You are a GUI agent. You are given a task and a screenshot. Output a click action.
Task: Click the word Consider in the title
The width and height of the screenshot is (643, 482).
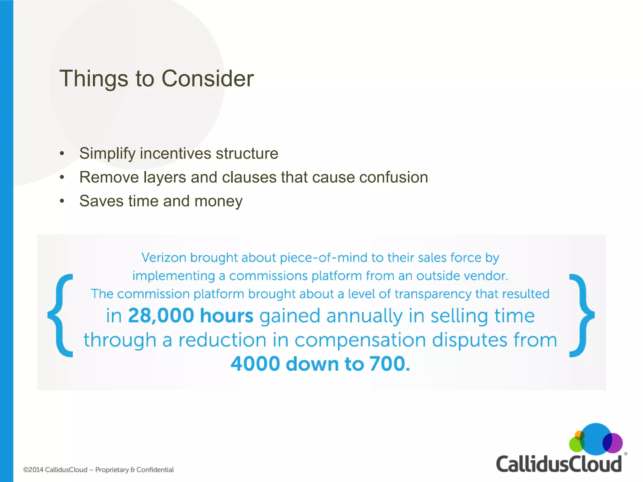(x=207, y=78)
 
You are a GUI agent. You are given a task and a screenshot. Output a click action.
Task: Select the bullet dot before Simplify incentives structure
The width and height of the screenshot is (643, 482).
(x=62, y=153)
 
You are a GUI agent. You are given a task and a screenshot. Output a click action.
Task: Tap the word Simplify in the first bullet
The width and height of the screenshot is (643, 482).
(x=107, y=154)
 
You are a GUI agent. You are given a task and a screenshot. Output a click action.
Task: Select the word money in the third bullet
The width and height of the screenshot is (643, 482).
(x=219, y=201)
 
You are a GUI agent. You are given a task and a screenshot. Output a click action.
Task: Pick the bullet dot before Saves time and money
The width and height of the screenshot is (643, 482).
(x=62, y=201)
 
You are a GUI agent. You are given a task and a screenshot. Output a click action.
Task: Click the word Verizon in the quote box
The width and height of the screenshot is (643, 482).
(x=164, y=258)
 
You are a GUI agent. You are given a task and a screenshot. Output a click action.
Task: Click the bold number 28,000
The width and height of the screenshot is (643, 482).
(x=161, y=315)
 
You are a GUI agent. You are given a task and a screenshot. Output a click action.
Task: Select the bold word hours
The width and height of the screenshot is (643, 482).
(x=226, y=315)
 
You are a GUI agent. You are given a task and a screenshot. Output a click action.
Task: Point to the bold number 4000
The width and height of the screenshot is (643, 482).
(x=255, y=364)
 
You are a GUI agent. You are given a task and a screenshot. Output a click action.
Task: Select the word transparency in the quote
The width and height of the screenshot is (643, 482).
(x=433, y=294)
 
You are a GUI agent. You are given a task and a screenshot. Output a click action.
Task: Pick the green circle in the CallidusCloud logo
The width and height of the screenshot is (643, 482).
(x=576, y=445)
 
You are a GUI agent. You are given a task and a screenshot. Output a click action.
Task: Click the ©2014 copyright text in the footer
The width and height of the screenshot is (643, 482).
(x=55, y=470)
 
